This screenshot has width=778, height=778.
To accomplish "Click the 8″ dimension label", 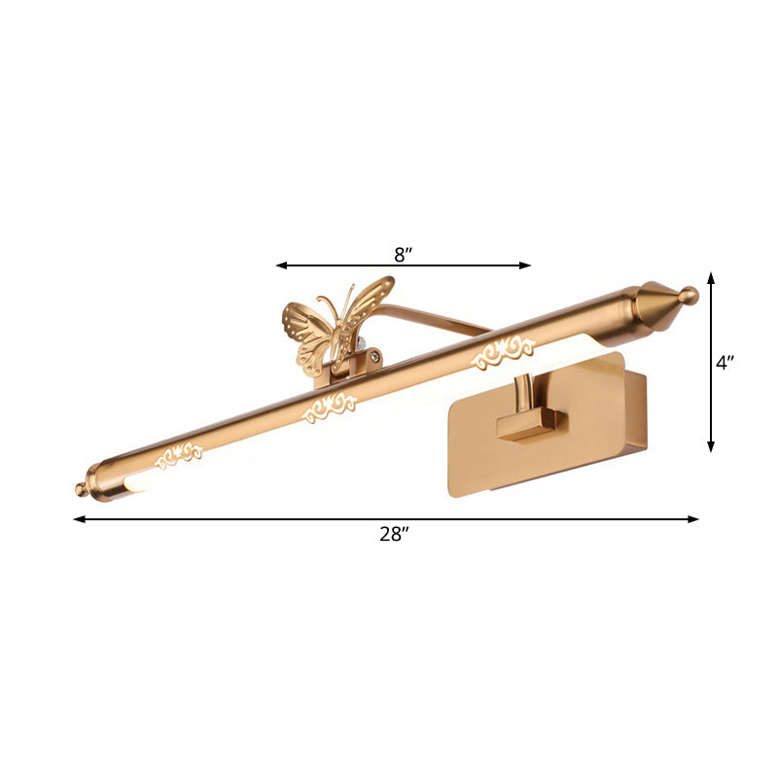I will (x=404, y=255).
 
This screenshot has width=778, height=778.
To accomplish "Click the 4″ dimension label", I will (x=724, y=364).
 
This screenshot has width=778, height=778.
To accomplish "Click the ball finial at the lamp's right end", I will (x=690, y=295).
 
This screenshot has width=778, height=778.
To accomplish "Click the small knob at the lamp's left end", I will (x=82, y=488).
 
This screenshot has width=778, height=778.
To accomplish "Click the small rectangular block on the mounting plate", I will (x=530, y=424).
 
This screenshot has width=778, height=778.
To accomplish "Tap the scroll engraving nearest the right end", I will (x=503, y=355).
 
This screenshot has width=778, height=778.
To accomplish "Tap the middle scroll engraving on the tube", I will (x=332, y=408).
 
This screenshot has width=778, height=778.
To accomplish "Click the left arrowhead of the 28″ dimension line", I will (x=79, y=518).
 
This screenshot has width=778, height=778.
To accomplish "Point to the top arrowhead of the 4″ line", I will (x=711, y=277).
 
